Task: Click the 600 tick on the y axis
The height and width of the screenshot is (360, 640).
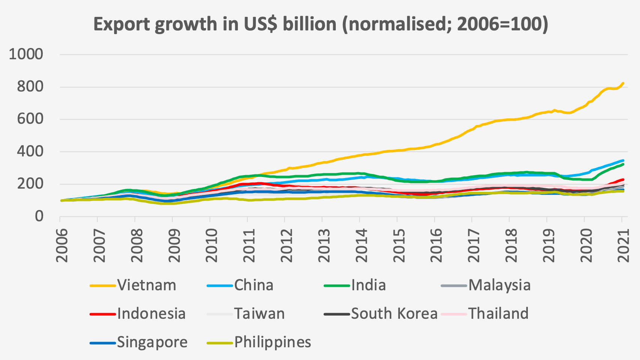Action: [x=30, y=119]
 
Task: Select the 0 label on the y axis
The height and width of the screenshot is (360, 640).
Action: [x=39, y=216]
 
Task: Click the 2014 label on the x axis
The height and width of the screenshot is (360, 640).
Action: [x=361, y=244]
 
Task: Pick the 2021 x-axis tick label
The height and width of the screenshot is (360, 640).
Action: [x=623, y=244]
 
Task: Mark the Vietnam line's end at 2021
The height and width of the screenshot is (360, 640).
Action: [x=623, y=83]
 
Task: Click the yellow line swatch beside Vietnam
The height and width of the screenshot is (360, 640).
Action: [x=102, y=286]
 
